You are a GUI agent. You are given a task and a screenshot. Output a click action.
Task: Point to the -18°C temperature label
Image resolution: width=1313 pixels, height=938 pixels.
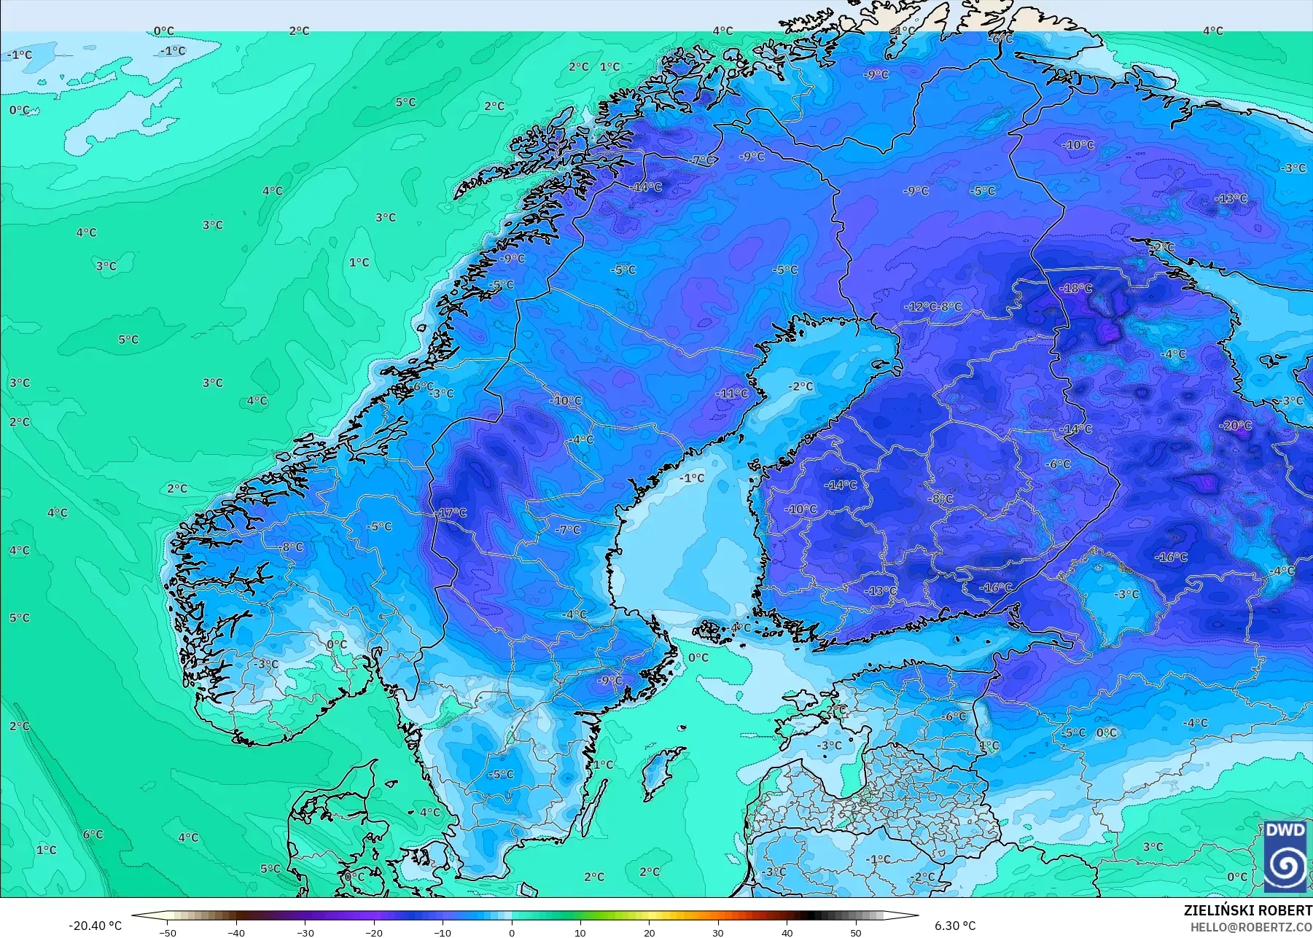coord(1076,289)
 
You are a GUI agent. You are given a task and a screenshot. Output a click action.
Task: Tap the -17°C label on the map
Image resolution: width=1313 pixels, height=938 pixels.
coord(451,513)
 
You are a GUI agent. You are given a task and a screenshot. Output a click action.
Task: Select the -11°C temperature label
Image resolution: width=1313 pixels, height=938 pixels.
coord(732,394)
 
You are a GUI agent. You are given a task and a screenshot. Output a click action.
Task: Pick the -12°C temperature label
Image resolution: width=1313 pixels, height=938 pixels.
coord(920,307)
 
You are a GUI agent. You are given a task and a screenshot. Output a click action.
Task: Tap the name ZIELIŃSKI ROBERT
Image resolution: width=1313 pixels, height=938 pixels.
coord(1247,910)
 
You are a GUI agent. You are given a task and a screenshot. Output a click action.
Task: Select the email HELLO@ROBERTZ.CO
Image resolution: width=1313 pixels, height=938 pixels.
coord(1251,927)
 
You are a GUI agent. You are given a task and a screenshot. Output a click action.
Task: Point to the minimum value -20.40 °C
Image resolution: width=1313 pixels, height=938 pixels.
coord(95,926)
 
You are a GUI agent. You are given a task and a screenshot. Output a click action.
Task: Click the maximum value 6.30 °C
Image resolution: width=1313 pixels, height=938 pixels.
coord(955,926)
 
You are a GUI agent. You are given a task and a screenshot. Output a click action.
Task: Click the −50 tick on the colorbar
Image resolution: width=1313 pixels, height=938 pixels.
coord(168,932)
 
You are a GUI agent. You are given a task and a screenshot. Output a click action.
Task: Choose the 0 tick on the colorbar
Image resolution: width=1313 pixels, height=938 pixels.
coord(512,932)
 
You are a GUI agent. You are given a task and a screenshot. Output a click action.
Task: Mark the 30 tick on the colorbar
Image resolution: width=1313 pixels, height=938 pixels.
coord(718,932)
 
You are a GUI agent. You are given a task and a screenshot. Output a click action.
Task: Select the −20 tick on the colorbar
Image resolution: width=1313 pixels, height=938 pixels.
coord(374,932)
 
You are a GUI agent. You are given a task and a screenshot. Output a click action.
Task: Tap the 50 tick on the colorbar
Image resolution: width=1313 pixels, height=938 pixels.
coord(856,932)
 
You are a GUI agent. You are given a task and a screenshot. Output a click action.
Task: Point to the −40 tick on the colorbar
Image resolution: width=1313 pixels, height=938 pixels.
coord(236,932)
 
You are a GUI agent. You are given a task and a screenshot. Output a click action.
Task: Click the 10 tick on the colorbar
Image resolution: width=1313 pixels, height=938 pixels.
coord(580,932)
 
